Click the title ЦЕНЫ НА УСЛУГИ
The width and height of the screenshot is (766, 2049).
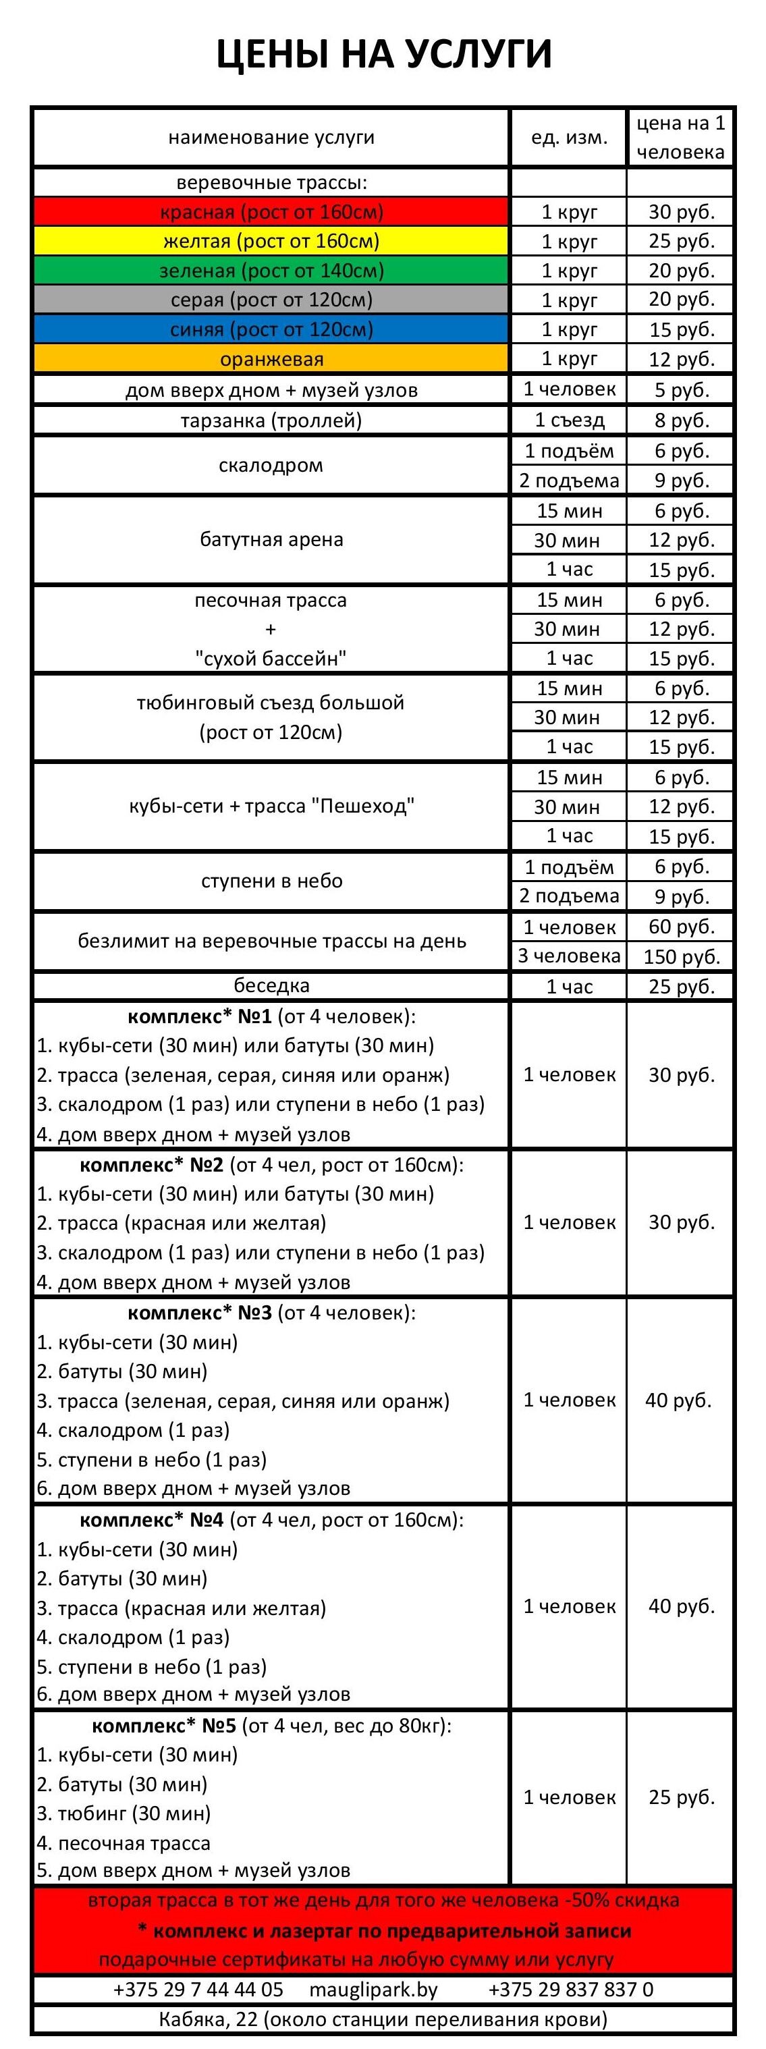click(383, 54)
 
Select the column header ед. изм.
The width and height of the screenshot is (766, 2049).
click(569, 137)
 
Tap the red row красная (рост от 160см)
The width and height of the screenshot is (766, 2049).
click(271, 212)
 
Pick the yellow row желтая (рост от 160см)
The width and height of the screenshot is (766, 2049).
click(271, 241)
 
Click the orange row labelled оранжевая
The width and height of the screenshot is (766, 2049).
click(271, 359)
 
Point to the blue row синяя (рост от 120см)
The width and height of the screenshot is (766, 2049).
click(271, 329)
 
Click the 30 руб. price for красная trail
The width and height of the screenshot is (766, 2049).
click(681, 212)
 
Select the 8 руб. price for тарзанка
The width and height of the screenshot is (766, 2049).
click(681, 420)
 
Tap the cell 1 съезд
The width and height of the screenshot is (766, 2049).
click(569, 420)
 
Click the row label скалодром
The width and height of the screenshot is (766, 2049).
click(271, 465)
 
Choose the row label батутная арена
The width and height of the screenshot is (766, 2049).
click(271, 540)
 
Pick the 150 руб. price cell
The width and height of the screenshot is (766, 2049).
click(681, 956)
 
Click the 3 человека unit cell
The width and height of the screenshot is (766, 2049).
click(569, 956)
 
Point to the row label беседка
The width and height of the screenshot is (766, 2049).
click(271, 986)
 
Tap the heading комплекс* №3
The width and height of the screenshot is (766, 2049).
click(199, 1313)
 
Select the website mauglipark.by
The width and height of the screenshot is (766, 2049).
click(373, 1990)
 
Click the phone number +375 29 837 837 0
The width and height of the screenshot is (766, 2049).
click(570, 1990)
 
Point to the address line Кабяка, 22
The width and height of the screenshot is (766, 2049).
click(383, 2019)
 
